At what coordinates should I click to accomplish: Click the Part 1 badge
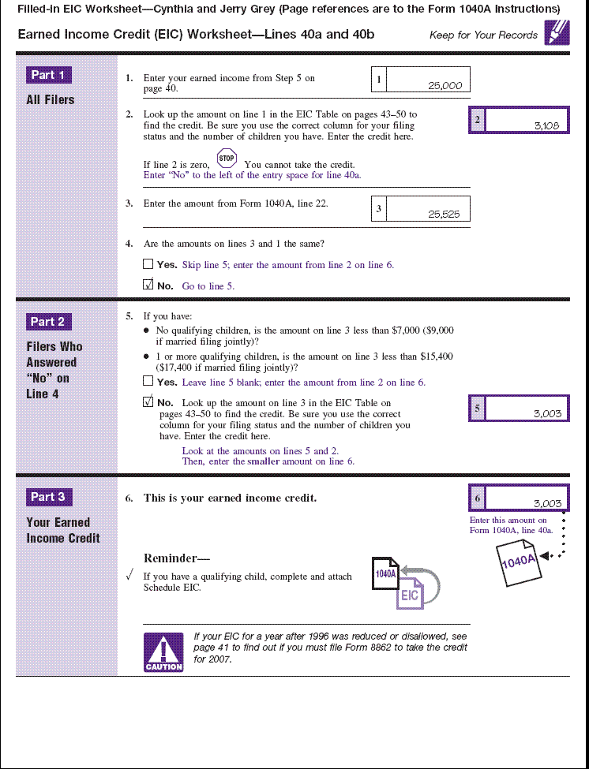[49, 75]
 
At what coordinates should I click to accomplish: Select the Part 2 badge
[49, 322]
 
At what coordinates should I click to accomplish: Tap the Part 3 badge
[49, 497]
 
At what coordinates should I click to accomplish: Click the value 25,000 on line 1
[445, 86]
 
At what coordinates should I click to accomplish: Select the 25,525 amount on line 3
[444, 214]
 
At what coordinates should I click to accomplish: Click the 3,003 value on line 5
[547, 413]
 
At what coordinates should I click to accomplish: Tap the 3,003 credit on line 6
[547, 503]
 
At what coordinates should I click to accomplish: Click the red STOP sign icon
[227, 158]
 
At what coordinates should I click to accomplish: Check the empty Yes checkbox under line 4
[148, 264]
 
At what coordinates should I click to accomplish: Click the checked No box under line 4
[148, 285]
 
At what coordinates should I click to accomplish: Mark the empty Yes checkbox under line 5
[148, 382]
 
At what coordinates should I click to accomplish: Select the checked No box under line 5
[148, 402]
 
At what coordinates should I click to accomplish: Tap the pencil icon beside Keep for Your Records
[556, 33]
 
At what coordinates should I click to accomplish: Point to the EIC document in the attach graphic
[410, 594]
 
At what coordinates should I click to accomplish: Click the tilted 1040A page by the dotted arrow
[519, 564]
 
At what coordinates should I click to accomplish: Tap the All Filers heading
[51, 100]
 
